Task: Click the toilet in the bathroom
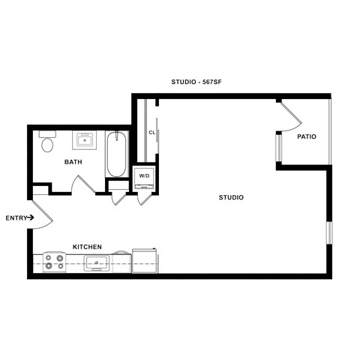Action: tap(48, 142)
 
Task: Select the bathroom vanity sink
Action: tap(85, 140)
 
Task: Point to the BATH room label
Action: tap(73, 162)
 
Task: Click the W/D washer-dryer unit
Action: tap(143, 176)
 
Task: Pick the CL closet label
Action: tap(151, 133)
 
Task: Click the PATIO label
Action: tap(306, 136)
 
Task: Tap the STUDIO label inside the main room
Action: tap(231, 197)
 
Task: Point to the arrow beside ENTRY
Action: tap(31, 218)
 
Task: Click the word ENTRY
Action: tap(15, 218)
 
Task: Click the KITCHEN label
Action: tap(87, 247)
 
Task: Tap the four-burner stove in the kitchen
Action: tap(53, 262)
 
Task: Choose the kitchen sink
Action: tap(97, 262)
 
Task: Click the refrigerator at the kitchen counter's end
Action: tap(145, 260)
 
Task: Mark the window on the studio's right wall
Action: tap(328, 232)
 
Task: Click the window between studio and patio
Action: tap(277, 147)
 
